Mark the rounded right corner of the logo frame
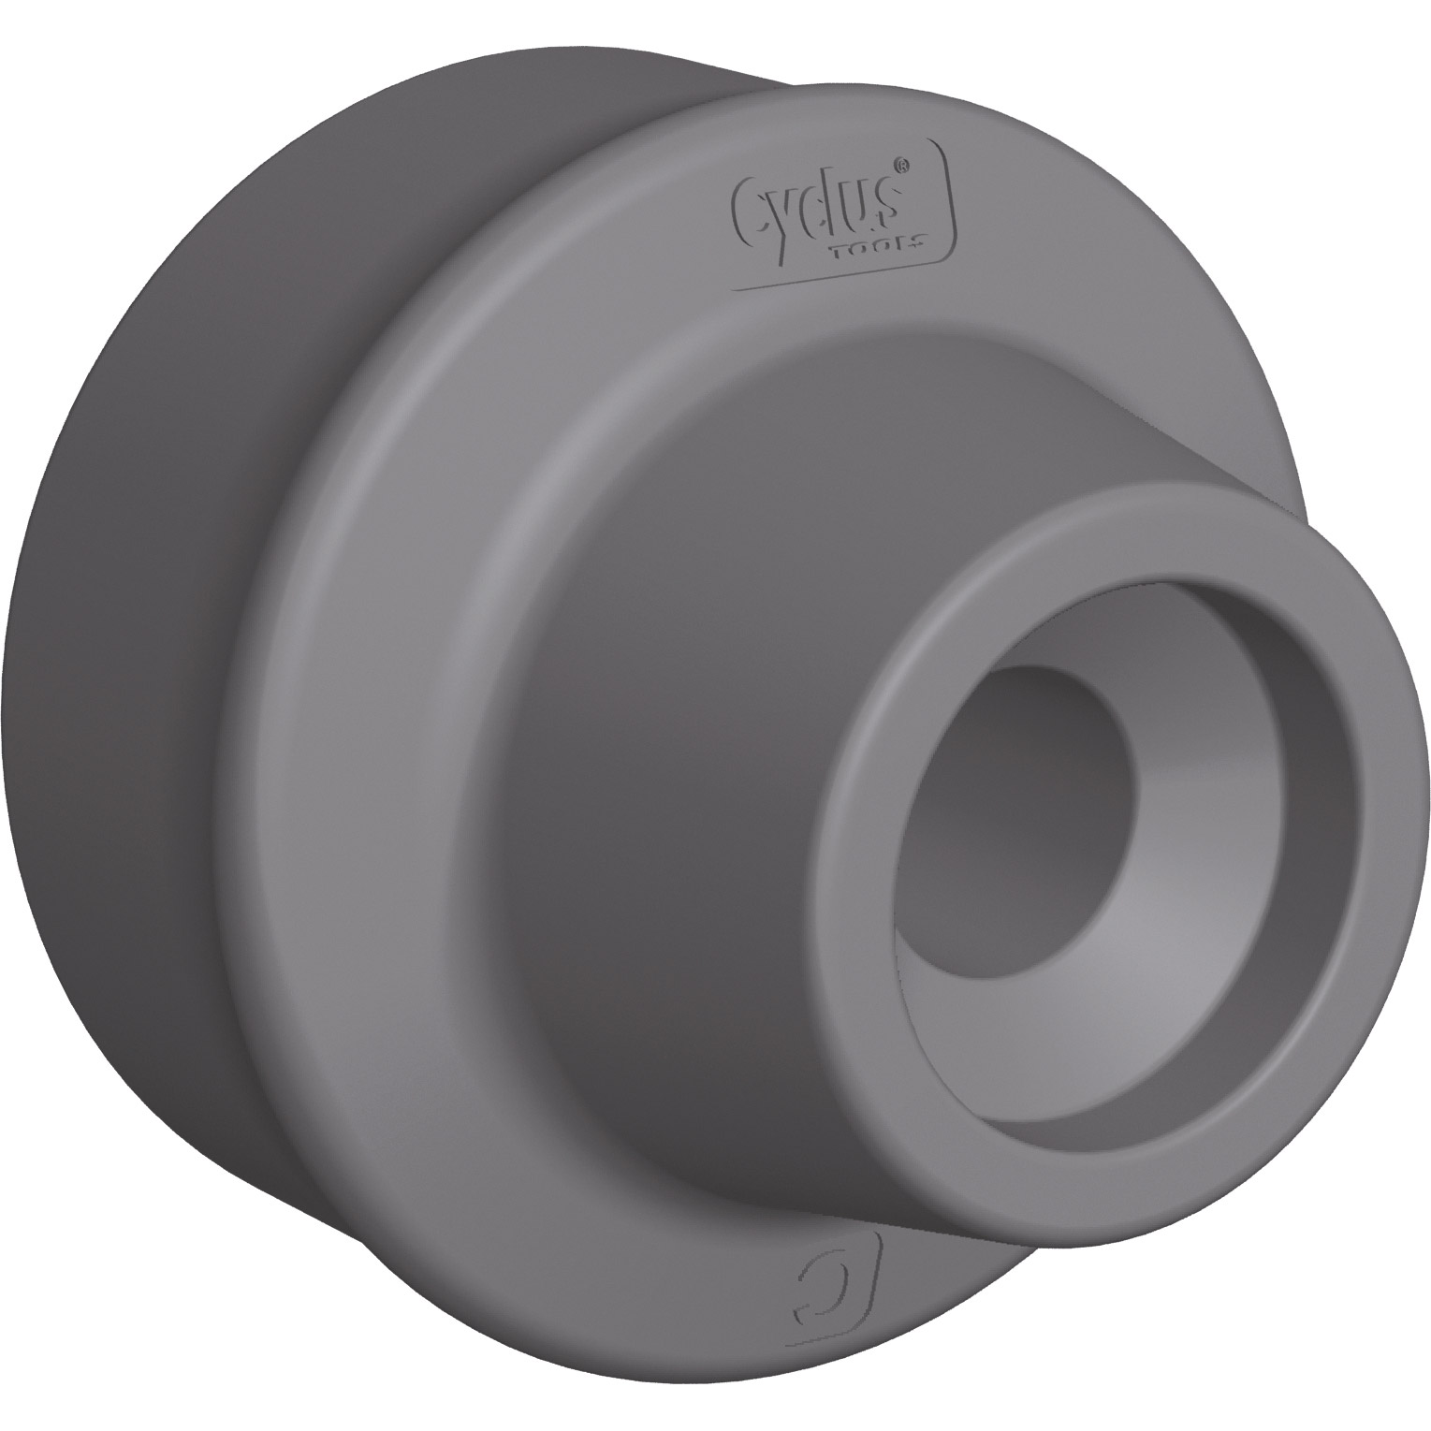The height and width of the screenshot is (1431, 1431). (952, 239)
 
